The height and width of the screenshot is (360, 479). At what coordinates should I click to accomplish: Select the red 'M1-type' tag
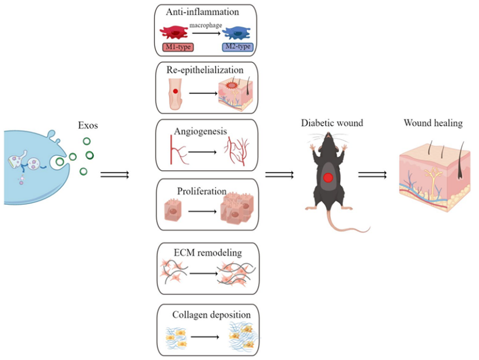(x=177, y=46)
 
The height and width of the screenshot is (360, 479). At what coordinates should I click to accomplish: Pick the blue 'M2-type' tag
(x=238, y=46)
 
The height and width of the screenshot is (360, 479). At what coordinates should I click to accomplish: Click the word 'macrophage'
(x=206, y=25)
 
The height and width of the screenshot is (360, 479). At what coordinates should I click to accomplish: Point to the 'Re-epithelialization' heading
(x=205, y=70)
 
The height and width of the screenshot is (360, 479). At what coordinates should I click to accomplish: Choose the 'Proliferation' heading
(x=201, y=191)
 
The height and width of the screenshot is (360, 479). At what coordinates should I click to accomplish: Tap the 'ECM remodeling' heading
(x=207, y=253)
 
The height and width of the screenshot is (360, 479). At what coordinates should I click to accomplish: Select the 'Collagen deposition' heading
(x=211, y=315)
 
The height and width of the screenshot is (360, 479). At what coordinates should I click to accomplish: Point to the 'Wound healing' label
(x=433, y=123)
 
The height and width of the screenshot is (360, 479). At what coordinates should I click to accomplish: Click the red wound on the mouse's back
(x=328, y=178)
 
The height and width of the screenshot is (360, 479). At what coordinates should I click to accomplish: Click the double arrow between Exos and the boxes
(x=114, y=174)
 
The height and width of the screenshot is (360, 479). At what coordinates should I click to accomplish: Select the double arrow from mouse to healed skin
(x=372, y=174)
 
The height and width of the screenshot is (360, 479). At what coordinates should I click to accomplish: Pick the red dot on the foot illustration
(x=175, y=91)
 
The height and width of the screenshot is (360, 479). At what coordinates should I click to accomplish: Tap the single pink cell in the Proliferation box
(x=174, y=211)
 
